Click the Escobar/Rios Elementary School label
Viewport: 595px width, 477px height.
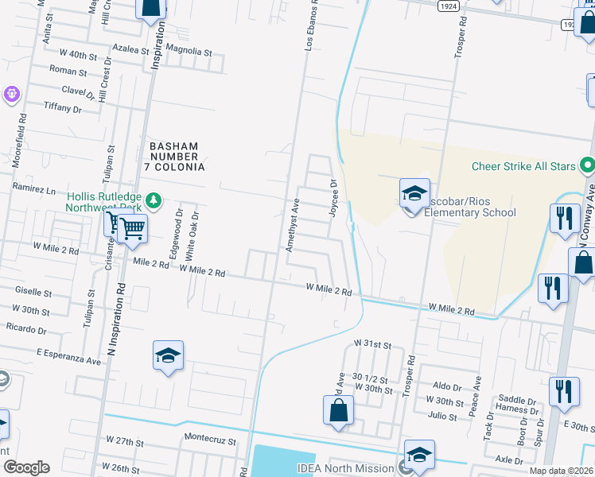click(x=469, y=206)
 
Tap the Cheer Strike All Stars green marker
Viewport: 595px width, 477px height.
click(x=587, y=166)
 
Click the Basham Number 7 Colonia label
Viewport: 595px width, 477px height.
click(x=176, y=157)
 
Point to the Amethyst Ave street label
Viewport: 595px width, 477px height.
click(x=292, y=226)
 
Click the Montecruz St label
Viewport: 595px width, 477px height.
click(x=210, y=440)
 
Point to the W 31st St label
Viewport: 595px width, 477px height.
click(x=373, y=345)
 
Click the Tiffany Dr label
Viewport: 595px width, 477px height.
click(x=63, y=107)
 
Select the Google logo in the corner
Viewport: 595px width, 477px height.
click(x=26, y=467)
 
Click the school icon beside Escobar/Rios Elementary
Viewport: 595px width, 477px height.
click(x=414, y=193)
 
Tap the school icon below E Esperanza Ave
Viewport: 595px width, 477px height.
click(x=169, y=355)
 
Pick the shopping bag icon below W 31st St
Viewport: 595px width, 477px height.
click(x=338, y=410)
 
